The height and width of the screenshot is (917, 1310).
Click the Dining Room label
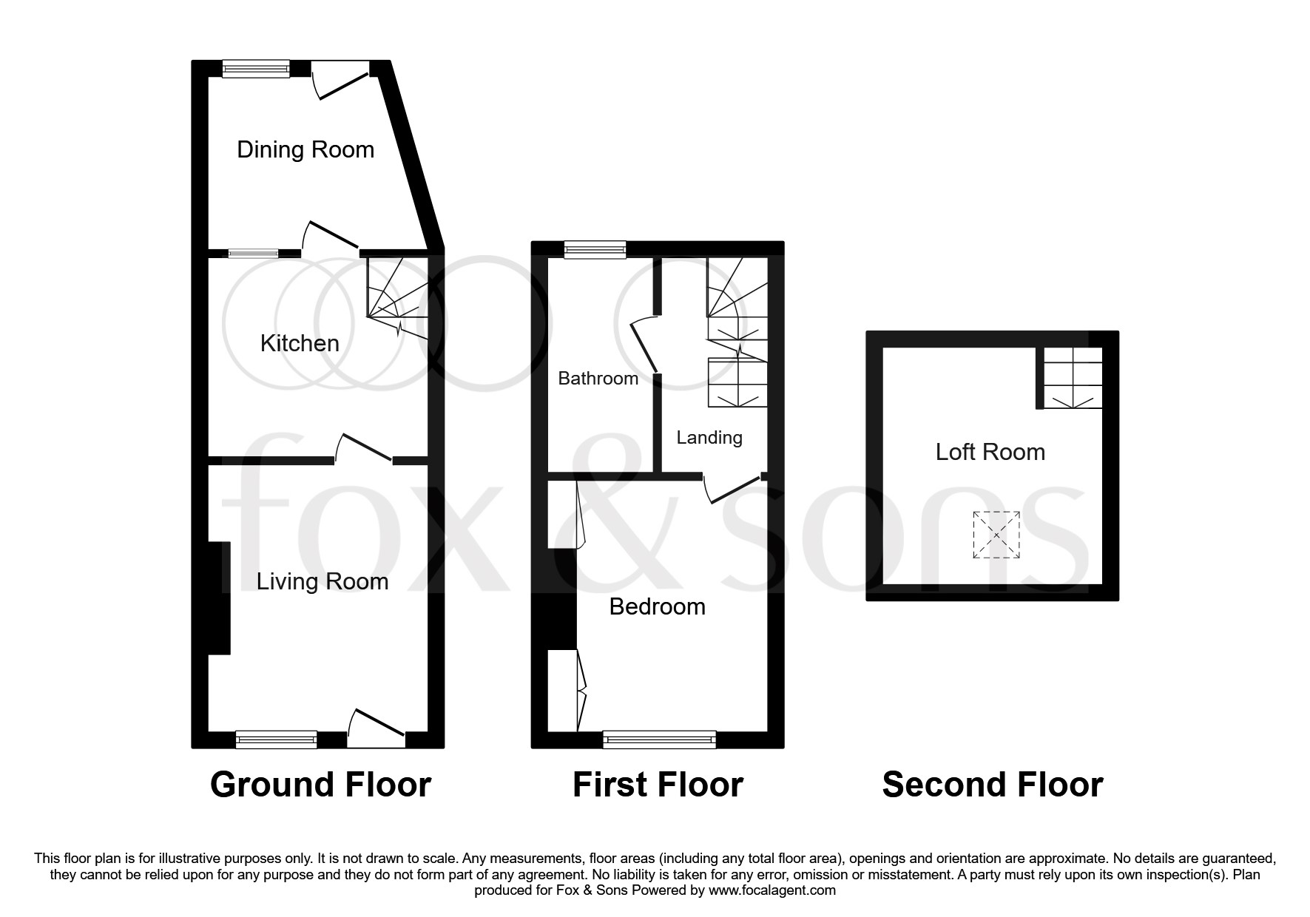point(305,150)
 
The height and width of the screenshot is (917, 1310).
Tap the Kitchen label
point(300,343)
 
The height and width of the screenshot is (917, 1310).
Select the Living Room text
point(323,581)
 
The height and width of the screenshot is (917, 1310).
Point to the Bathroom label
point(598,379)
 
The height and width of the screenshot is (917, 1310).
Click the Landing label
point(709,438)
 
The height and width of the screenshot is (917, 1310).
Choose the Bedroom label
point(657,607)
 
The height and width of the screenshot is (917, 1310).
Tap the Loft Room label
point(990,452)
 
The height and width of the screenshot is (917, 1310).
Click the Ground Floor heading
point(320,785)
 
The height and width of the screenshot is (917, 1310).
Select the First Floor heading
point(658,785)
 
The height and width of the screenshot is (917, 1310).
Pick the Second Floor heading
point(992,785)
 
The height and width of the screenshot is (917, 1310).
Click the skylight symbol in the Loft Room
point(996,534)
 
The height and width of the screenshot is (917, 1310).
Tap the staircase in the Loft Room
point(1073,378)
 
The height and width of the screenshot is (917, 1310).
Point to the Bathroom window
point(595,250)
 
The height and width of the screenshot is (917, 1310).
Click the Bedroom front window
point(660,738)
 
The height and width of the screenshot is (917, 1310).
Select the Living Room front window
point(276,738)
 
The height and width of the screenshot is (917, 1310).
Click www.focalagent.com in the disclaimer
point(772,890)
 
